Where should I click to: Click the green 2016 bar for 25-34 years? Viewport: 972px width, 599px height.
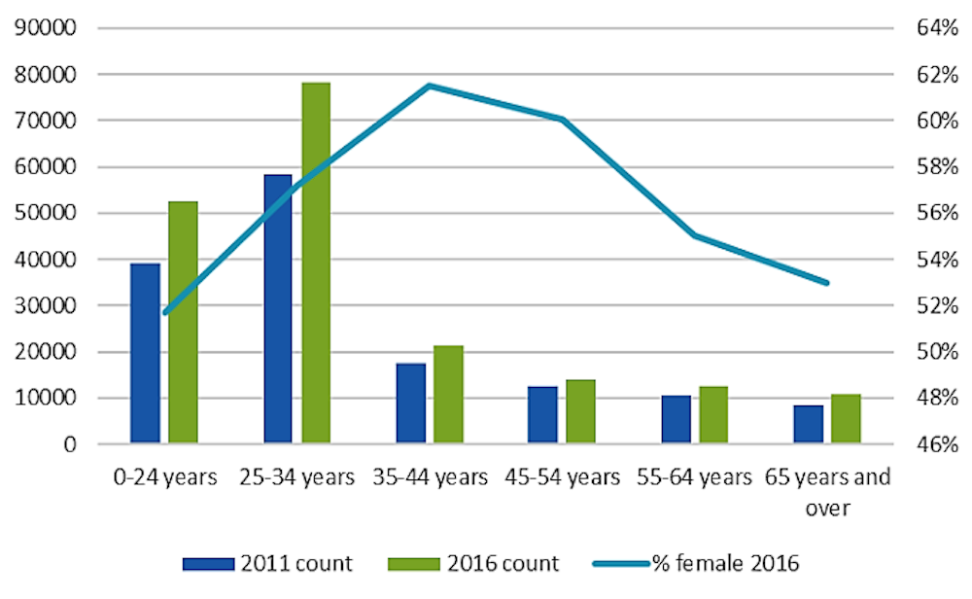click(x=316, y=263)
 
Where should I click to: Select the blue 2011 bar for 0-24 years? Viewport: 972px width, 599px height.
click(x=145, y=354)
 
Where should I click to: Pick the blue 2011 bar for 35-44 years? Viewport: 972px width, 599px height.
click(x=410, y=404)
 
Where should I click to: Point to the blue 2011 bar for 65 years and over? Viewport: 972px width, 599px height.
click(x=809, y=424)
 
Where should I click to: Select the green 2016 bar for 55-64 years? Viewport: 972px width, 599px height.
click(x=712, y=415)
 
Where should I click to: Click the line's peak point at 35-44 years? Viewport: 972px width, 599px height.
click(x=430, y=86)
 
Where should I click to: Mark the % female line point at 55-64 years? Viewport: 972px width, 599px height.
click(x=695, y=235)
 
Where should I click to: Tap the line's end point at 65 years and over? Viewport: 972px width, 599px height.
click(x=826, y=283)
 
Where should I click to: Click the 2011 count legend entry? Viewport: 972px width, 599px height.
click(x=268, y=563)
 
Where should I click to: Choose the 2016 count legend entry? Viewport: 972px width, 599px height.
click(x=474, y=563)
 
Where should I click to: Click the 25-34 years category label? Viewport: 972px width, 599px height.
click(x=296, y=477)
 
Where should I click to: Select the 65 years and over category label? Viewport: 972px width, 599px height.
click(x=827, y=492)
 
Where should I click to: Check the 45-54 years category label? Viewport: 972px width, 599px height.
click(x=562, y=477)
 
